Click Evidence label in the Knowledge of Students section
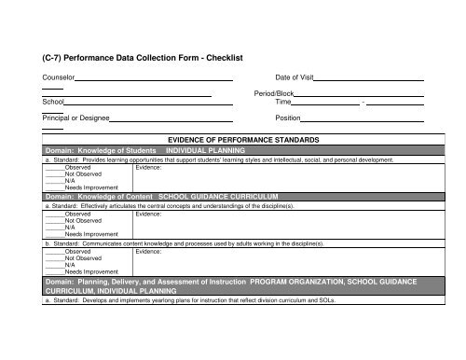(x=149, y=168)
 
